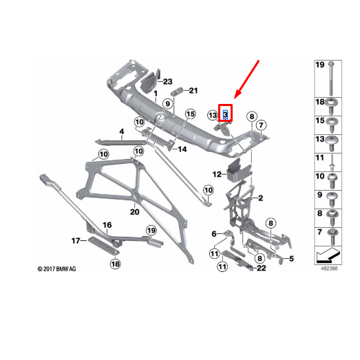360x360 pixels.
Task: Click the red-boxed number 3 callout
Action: click(225, 114)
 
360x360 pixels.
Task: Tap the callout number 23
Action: click(167, 81)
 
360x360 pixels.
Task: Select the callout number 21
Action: click(193, 90)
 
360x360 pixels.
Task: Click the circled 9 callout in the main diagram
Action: click(168, 104)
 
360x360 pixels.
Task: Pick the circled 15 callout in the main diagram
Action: click(191, 114)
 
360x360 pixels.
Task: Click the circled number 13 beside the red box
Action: click(213, 115)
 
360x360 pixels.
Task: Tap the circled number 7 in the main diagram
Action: click(261, 125)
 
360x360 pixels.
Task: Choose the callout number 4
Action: click(122, 131)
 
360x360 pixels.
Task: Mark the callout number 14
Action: click(182, 149)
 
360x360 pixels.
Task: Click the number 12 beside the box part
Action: click(217, 174)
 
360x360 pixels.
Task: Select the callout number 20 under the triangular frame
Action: click(134, 212)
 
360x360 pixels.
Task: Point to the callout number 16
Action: click(107, 225)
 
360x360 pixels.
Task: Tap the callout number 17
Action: click(76, 241)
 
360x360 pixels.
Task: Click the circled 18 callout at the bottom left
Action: click(115, 264)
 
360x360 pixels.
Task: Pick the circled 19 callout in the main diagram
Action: click(151, 231)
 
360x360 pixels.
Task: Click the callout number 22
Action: click(262, 268)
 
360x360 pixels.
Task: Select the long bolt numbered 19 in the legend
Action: click(331, 78)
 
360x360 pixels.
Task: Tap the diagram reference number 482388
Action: click(329, 268)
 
